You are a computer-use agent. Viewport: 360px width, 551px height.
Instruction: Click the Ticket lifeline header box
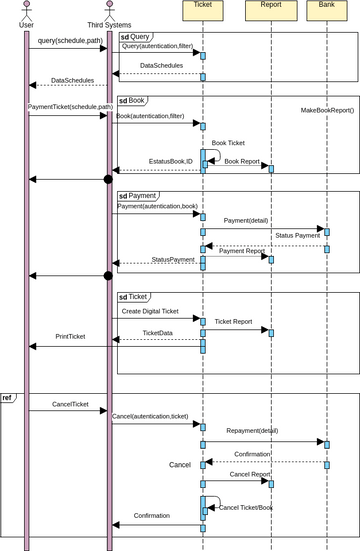pos(203,11)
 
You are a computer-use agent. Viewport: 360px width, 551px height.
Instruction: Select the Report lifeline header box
pos(270,11)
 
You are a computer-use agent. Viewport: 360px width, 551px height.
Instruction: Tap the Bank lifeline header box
pos(327,11)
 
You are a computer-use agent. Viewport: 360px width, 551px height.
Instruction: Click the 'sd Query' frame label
pos(135,36)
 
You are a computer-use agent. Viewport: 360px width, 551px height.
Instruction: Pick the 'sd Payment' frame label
pos(138,196)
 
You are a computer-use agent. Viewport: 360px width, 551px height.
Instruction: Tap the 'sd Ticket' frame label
pos(134,297)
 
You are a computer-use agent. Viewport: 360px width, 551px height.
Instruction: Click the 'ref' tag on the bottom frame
pos(7,398)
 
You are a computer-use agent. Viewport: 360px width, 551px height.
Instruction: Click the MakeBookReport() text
pos(327,109)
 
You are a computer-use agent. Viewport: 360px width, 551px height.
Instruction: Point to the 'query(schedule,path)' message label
pos(68,41)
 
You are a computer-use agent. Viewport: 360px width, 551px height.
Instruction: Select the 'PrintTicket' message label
pos(70,336)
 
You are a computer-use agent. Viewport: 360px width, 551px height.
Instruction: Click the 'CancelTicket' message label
pos(70,405)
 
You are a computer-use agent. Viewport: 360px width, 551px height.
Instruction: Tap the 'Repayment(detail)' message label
pos(252,431)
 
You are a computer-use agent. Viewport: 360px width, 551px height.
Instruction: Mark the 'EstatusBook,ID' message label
pos(171,160)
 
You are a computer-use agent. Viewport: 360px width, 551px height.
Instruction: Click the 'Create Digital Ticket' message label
pos(150,311)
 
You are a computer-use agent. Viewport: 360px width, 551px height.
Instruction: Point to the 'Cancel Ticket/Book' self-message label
pos(245,507)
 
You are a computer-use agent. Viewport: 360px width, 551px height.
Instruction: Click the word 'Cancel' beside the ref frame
pos(180,465)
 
